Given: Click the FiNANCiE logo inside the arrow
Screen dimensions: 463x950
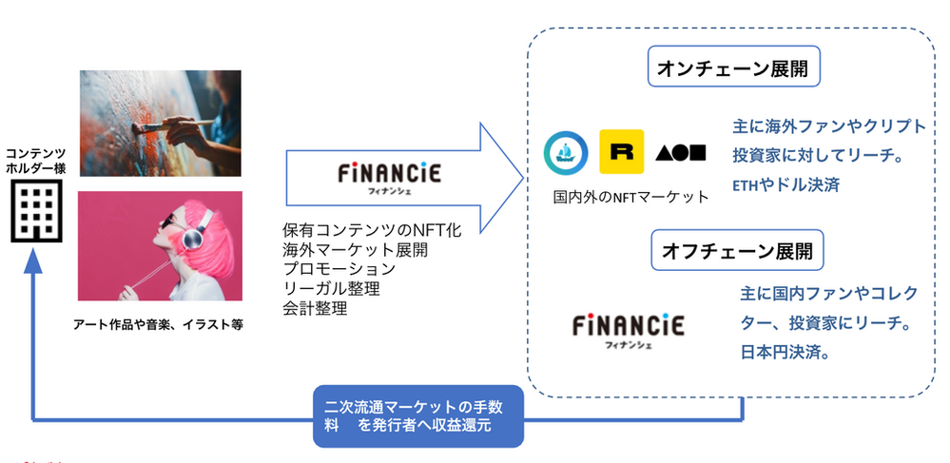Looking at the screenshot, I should click(x=390, y=177).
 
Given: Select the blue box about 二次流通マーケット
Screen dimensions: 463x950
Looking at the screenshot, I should click(x=418, y=415).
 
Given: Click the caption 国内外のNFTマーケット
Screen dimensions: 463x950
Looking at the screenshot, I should click(x=630, y=198).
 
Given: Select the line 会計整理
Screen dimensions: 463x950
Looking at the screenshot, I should click(x=315, y=309).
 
